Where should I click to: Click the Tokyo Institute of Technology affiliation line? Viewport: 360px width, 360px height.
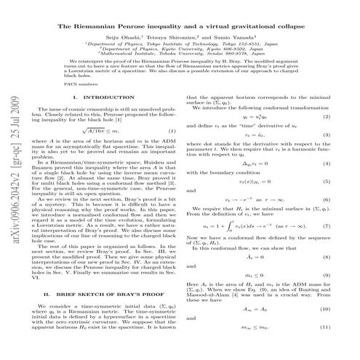[195, 44]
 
